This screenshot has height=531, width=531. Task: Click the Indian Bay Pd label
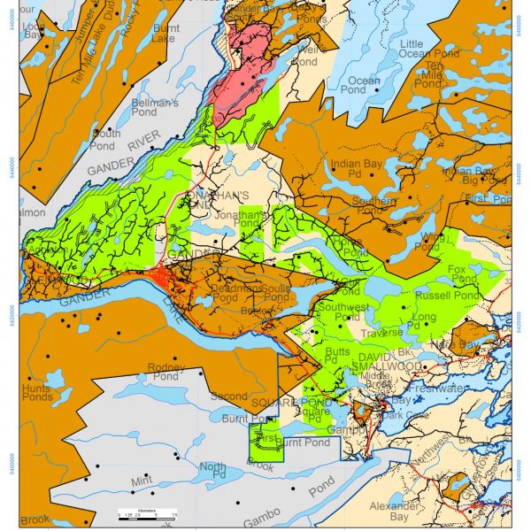click(x=356, y=169)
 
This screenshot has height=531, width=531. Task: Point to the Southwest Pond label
click(x=344, y=312)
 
